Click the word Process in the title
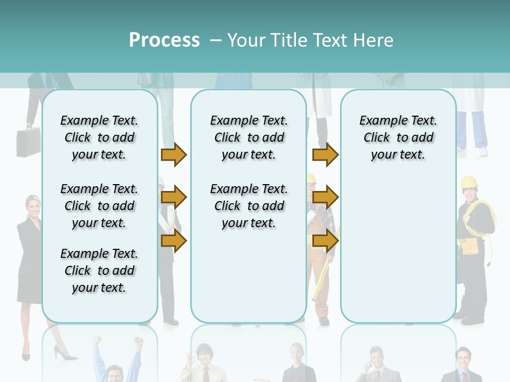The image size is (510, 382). (164, 40)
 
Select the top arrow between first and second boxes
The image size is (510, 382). (174, 155)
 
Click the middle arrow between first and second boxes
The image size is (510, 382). (174, 198)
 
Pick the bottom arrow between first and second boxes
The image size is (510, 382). (174, 241)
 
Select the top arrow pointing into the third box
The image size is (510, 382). (325, 155)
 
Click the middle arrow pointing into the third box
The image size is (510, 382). (325, 198)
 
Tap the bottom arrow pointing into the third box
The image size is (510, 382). (325, 241)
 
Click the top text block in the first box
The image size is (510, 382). (99, 137)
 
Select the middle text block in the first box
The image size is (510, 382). (99, 206)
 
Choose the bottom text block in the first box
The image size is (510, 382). (99, 271)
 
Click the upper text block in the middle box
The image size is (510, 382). (249, 137)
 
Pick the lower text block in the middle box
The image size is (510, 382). (249, 206)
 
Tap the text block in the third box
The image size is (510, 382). (398, 137)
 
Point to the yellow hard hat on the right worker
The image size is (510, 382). (469, 183)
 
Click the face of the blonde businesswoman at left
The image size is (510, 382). (33, 206)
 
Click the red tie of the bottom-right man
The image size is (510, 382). (463, 377)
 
